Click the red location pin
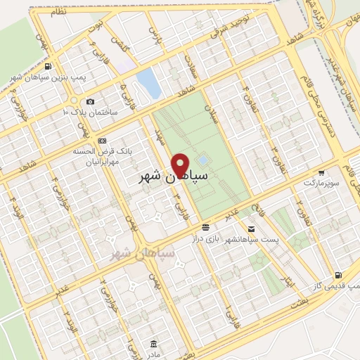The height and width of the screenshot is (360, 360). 180,165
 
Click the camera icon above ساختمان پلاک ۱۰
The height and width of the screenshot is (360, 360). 89,102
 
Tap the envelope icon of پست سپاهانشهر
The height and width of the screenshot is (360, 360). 251,229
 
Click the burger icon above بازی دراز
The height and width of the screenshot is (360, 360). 205,228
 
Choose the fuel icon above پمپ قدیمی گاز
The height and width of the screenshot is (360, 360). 339,275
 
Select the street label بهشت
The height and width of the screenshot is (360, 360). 299,302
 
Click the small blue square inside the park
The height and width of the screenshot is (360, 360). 202,160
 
